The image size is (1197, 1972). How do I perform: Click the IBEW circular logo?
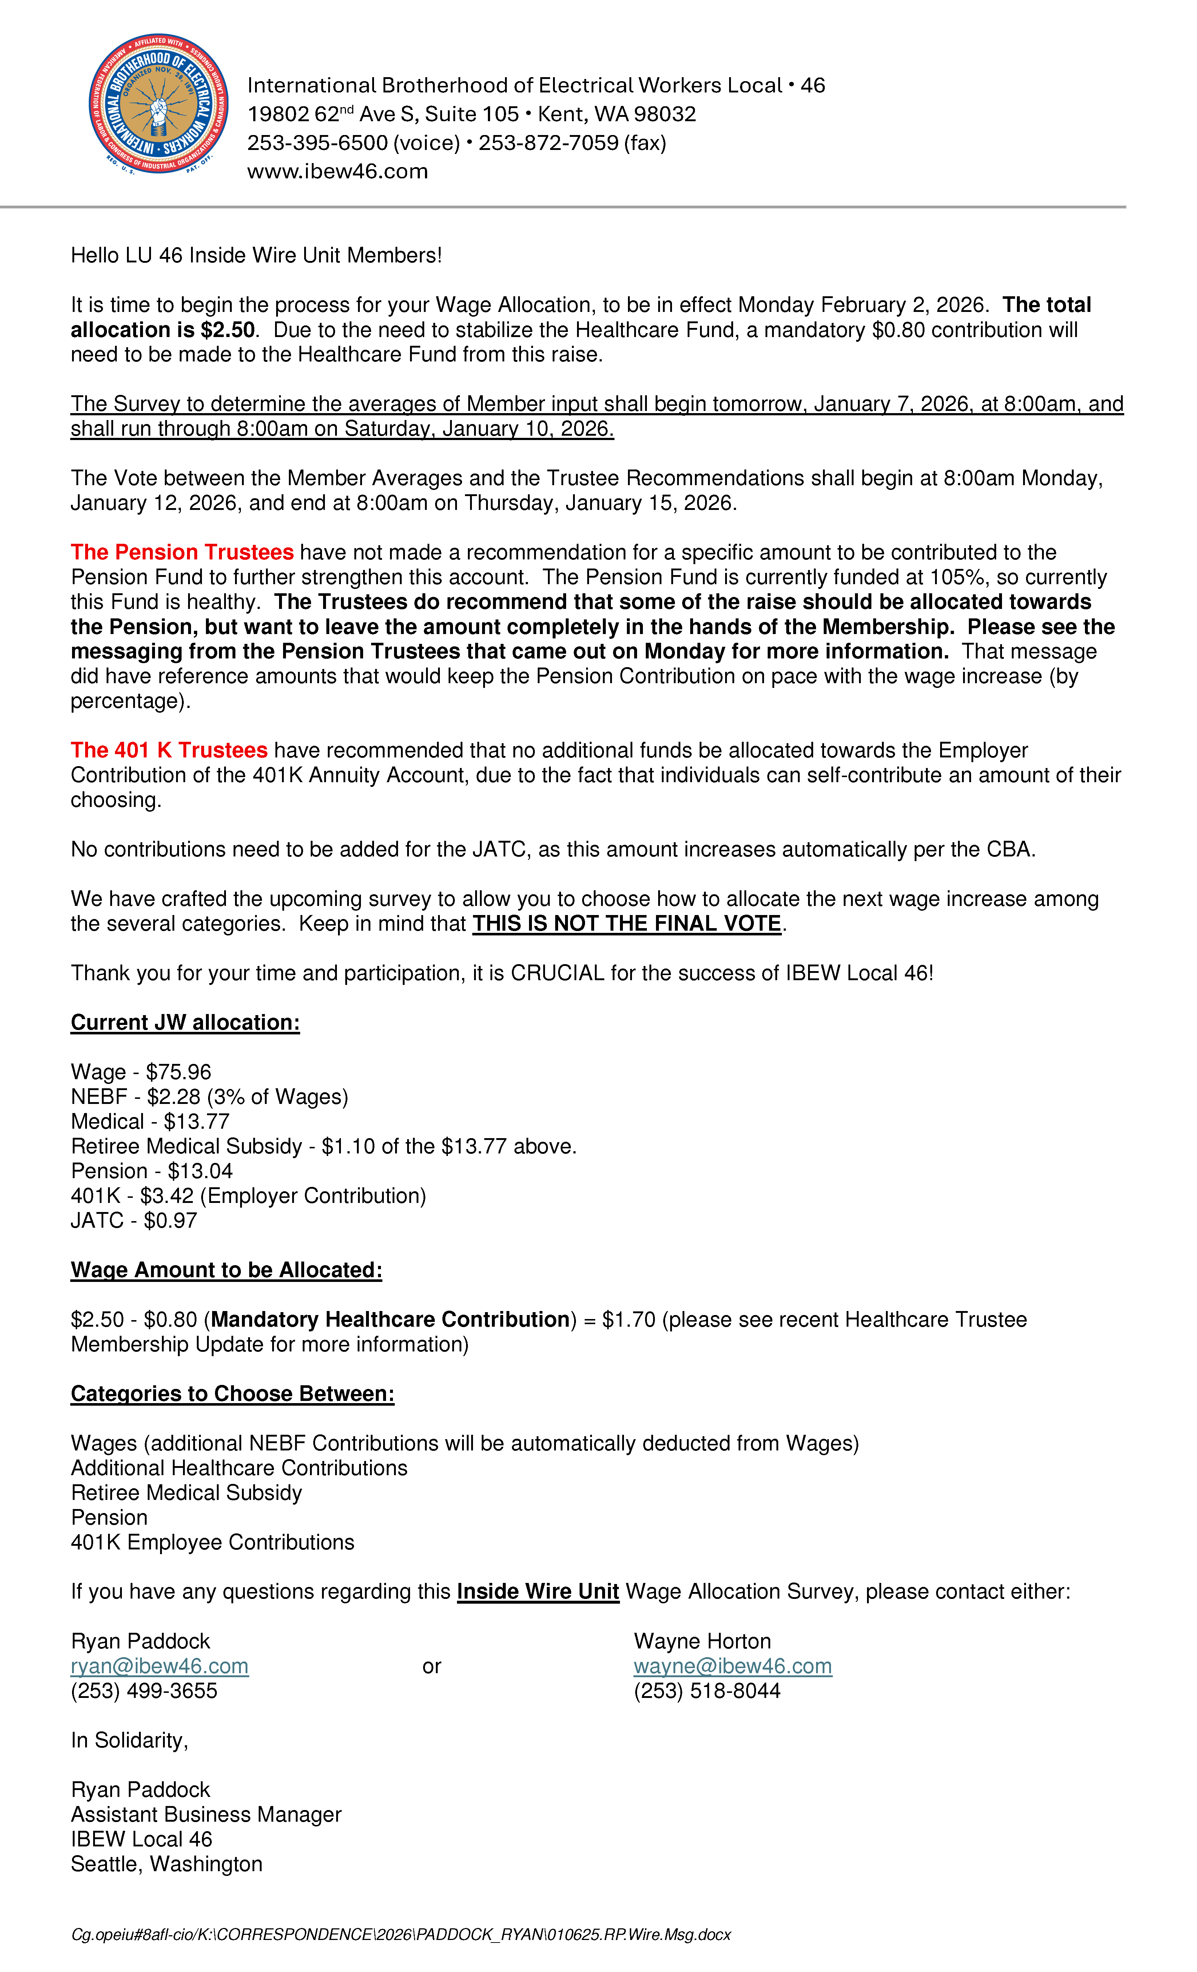(x=158, y=104)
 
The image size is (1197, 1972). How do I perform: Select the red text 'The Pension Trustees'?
(x=182, y=552)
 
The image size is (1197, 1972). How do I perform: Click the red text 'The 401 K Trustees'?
(x=169, y=750)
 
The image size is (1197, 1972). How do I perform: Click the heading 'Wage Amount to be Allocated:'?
(x=226, y=1270)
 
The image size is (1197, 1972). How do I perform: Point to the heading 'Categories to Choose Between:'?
(x=232, y=1393)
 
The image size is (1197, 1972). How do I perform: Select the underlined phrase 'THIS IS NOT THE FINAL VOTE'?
(x=627, y=923)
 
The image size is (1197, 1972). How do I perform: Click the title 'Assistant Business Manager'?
(x=206, y=1814)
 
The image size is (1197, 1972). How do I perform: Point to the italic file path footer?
(x=400, y=1935)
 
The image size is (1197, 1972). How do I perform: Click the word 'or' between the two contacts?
(x=431, y=1666)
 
